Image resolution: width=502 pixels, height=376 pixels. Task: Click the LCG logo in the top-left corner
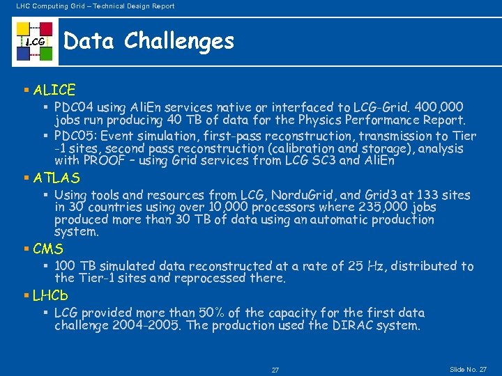pyautogui.click(x=35, y=42)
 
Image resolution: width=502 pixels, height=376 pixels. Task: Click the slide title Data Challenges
pyautogui.click(x=149, y=41)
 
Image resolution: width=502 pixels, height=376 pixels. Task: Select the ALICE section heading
pyautogui.click(x=54, y=90)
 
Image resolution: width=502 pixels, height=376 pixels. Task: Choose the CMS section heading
pyautogui.click(x=48, y=249)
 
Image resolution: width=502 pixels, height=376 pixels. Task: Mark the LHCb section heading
pyautogui.click(x=50, y=296)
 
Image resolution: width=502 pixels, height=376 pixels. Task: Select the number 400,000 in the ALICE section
pyautogui.click(x=439, y=108)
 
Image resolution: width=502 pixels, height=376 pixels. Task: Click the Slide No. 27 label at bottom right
pyautogui.click(x=469, y=368)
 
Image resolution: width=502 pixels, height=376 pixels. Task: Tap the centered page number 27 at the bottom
pyautogui.click(x=275, y=370)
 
